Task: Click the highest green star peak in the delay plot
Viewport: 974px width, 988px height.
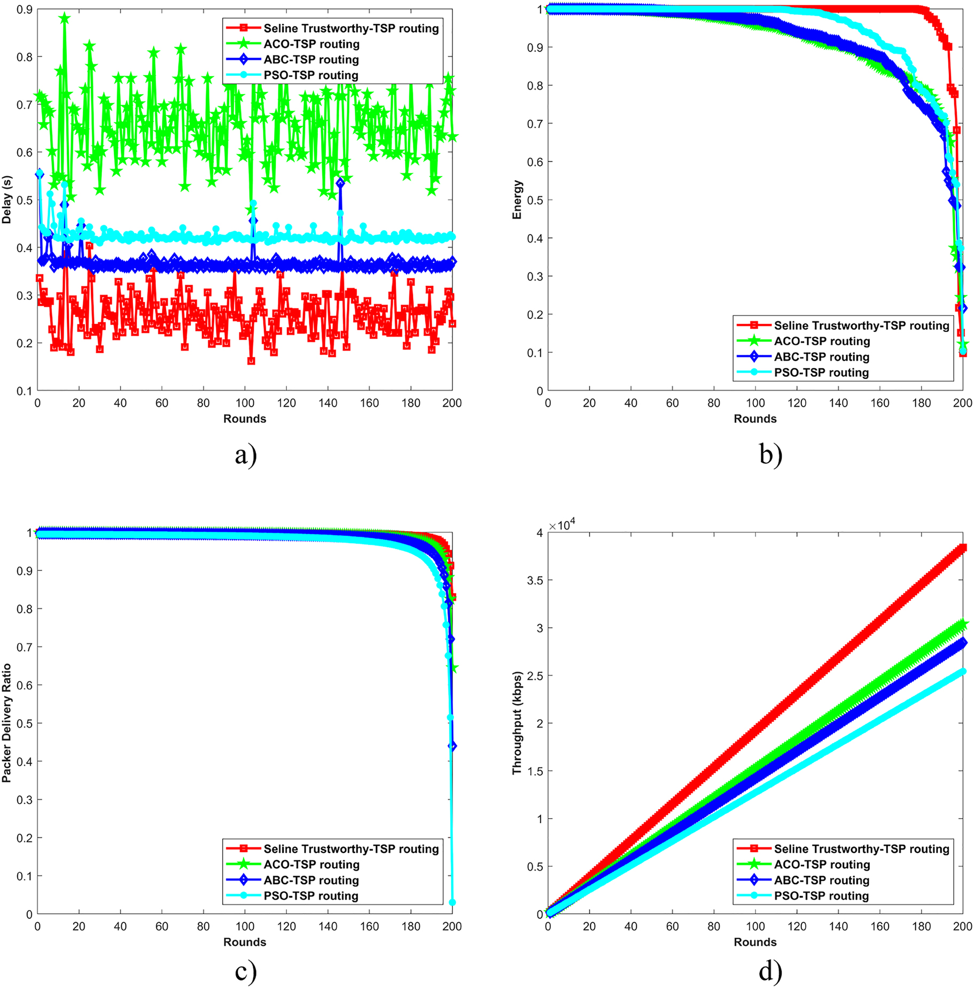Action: coord(65,18)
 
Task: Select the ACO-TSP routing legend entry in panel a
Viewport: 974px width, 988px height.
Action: coord(311,44)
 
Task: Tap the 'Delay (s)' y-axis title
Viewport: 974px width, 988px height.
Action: coord(7,199)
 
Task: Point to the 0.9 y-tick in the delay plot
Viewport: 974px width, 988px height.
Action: coord(25,10)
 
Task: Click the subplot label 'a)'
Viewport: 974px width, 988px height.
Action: coord(245,455)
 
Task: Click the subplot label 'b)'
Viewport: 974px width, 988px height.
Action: coord(770,455)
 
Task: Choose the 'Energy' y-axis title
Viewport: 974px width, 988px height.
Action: coord(517,199)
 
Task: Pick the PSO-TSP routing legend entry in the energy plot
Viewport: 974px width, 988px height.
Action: coord(821,372)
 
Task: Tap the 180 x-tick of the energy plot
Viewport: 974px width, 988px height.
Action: coord(921,403)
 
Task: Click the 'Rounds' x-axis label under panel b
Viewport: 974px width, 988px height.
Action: coord(754,418)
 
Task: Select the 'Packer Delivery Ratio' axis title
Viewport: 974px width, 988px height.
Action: coord(7,722)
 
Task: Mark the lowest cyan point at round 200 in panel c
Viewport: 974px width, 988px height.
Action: coord(452,903)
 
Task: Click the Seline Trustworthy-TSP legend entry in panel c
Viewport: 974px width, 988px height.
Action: coord(350,849)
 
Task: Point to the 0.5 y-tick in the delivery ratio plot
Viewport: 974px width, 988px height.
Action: coord(25,724)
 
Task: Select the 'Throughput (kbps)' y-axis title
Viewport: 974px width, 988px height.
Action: coord(517,722)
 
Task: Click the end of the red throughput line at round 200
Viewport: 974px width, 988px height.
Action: coord(963,548)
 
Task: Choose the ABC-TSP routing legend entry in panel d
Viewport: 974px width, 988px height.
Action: coord(821,880)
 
